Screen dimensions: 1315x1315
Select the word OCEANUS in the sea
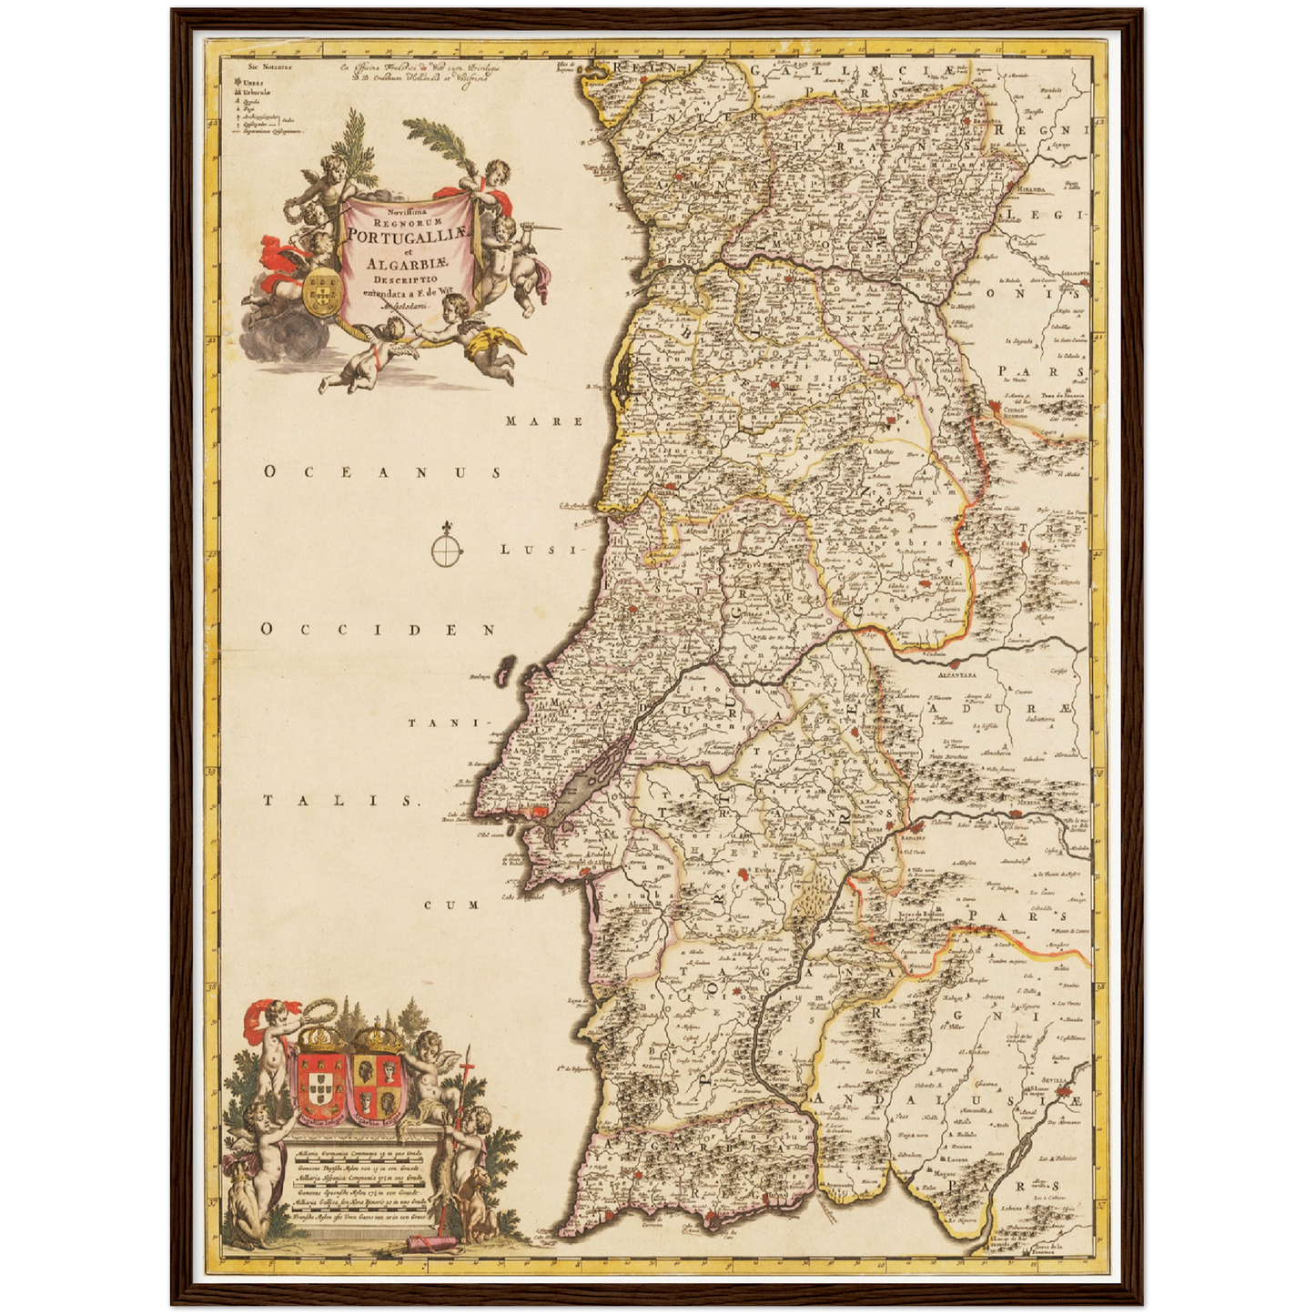pyautogui.click(x=382, y=472)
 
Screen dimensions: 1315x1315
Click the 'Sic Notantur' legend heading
pyautogui.click(x=250, y=67)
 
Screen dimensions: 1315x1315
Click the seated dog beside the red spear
pyautogui.click(x=473, y=1206)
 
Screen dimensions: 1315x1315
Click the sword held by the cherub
pyautogui.click(x=537, y=229)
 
